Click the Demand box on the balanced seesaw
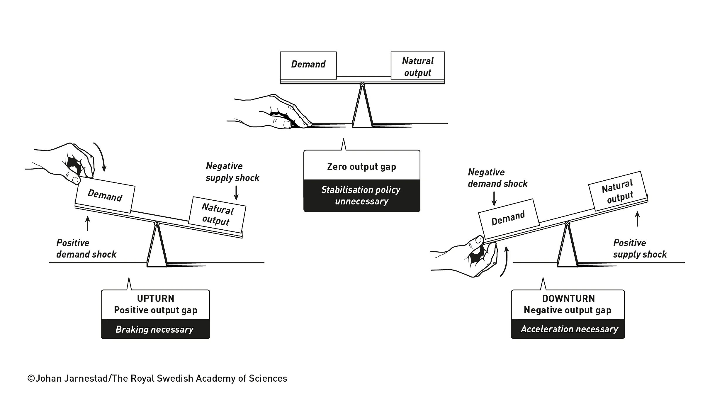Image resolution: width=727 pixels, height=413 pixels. pos(308,65)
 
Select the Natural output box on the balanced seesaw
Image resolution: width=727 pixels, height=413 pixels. pos(417,65)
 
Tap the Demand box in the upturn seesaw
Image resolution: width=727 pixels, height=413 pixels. pos(105,195)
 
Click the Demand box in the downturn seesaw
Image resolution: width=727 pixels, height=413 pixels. pos(509,219)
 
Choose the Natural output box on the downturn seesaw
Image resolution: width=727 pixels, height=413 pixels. pos(618,191)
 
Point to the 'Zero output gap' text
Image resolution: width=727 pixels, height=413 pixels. pos(361,167)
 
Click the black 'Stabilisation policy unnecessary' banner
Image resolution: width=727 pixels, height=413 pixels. pos(362,195)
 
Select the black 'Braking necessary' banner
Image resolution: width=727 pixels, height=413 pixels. pos(155,329)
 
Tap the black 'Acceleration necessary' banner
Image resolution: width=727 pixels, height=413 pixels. pos(568,329)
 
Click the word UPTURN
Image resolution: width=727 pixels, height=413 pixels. pos(156,298)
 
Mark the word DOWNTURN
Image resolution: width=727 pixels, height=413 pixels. pos(568,298)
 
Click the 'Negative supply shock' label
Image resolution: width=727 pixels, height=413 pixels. pos(232,172)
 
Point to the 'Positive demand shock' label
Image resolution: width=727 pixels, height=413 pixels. pos(86,248)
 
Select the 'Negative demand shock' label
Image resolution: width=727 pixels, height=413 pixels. pos(497,178)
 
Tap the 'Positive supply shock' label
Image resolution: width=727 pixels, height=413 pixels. pos(640,248)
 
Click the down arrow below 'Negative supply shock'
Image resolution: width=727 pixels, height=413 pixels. pos(236,193)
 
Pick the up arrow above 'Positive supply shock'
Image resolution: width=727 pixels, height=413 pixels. pos(637,219)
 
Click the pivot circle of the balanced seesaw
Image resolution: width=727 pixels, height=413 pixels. pos(362,84)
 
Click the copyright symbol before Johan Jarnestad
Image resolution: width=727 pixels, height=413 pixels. pos(31,378)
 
